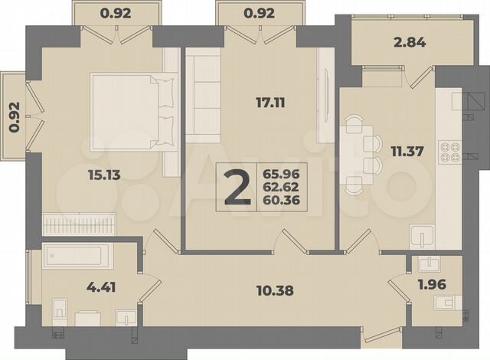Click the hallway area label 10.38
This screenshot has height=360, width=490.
(274, 290)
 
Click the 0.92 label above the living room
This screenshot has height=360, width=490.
(257, 12)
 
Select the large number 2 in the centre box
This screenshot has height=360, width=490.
(237, 187)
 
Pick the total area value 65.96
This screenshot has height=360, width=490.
(279, 172)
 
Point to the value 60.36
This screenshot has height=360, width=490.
(279, 201)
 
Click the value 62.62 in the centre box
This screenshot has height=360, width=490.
(279, 187)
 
